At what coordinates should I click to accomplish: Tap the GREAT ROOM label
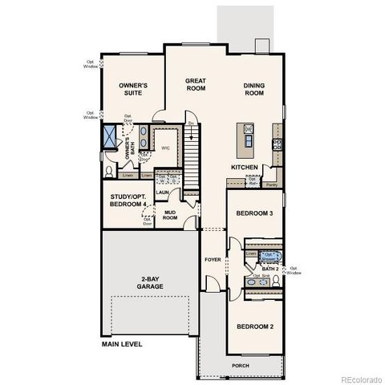(x=197, y=85)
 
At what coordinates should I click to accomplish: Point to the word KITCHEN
(x=245, y=168)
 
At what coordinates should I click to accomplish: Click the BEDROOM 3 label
(x=254, y=213)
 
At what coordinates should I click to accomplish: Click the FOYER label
(x=213, y=260)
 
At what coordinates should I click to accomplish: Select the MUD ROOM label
(x=170, y=215)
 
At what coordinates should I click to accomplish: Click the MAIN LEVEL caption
(x=122, y=344)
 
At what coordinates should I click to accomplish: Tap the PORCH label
(x=240, y=366)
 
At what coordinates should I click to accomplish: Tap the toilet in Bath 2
(x=275, y=281)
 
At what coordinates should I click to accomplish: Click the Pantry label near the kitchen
(x=272, y=184)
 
